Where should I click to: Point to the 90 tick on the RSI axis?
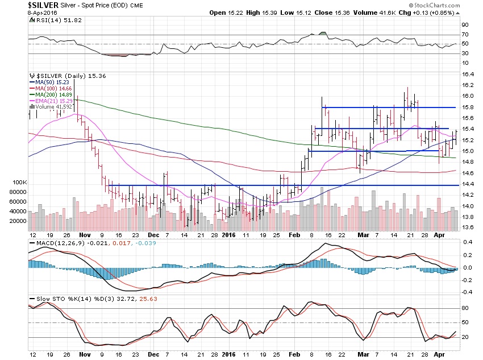pos(464,25)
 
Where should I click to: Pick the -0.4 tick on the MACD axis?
pos(467,292)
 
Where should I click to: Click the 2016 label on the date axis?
pos(228,234)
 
